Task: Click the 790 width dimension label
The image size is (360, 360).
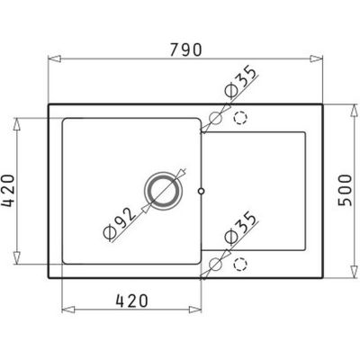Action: pos(186,49)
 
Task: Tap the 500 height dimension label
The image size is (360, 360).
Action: pos(345,190)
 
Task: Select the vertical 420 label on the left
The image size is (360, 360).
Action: pos(8,191)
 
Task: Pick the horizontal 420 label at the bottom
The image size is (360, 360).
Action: pos(132,301)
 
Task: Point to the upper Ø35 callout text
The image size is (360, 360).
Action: pos(241,82)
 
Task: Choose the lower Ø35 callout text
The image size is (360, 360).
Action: pos(241,228)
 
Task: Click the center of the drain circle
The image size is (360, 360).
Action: pos(163,191)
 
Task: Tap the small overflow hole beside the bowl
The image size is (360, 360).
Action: pos(202,191)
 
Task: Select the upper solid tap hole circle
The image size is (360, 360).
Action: pos(215,119)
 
